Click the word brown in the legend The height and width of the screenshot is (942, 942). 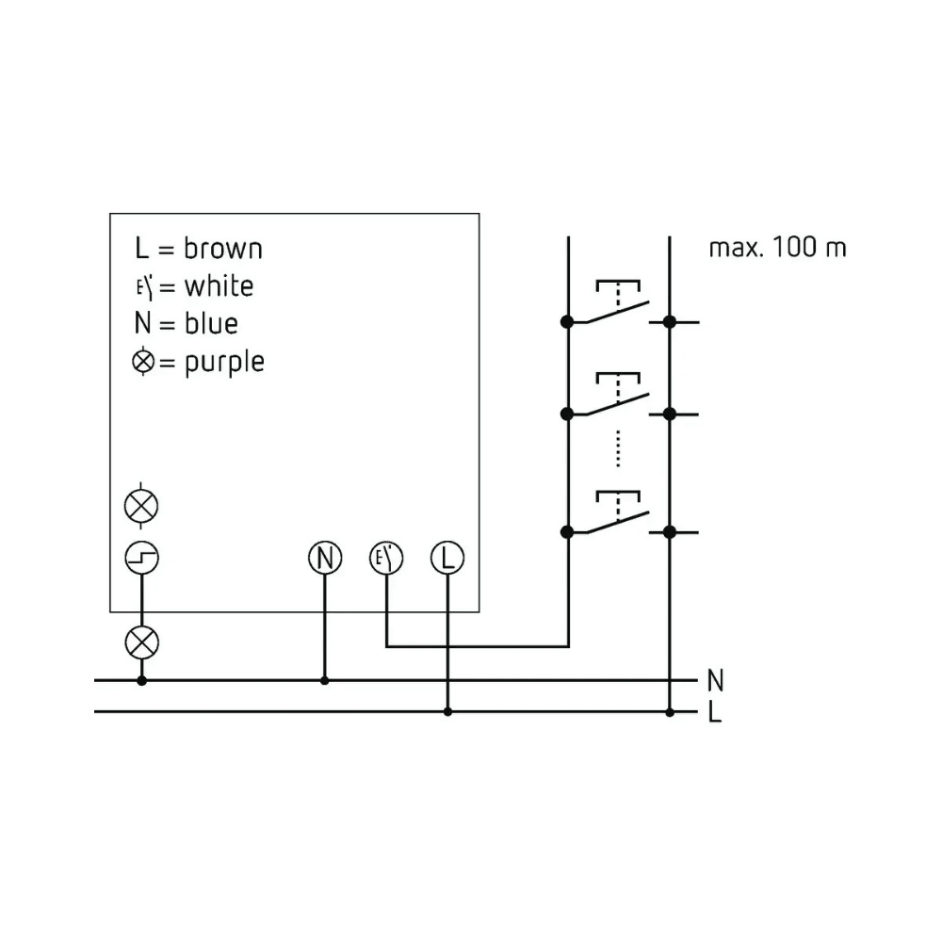point(223,249)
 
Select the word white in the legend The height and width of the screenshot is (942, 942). point(219,286)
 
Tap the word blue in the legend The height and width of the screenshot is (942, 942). point(211,324)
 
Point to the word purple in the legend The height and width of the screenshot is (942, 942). point(224,363)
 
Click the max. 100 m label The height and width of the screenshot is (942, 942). point(777,248)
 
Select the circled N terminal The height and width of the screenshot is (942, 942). point(325,558)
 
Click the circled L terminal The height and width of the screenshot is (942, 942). point(447,558)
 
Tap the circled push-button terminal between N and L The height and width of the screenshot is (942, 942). point(386,558)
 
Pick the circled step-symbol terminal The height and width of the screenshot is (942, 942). point(142,558)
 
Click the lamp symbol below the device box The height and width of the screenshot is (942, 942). point(142,642)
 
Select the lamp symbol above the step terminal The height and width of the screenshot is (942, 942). point(141,506)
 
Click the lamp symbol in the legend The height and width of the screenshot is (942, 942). point(143,363)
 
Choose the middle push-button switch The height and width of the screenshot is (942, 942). point(618,394)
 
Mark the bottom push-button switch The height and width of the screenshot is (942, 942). point(618,512)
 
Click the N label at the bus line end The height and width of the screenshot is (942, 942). point(715,681)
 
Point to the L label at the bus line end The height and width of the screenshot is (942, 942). point(714,712)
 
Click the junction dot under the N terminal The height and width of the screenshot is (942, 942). point(324,681)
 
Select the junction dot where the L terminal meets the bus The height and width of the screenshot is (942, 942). point(447,712)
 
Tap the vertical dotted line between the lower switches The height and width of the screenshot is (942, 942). point(618,448)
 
